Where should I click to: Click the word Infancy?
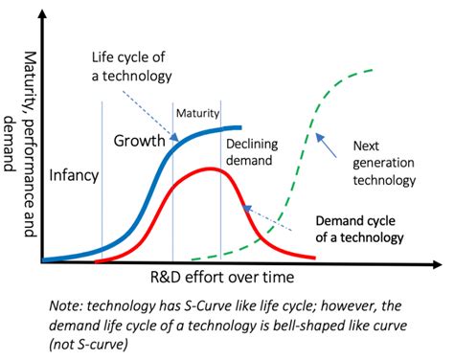point(72,175)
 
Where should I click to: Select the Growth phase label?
point(141,141)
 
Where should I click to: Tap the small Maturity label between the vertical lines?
point(197,114)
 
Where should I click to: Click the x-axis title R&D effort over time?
point(221,276)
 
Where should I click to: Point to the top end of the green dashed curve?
point(372,70)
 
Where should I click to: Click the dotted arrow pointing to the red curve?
point(268,218)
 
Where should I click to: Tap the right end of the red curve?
point(316,257)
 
